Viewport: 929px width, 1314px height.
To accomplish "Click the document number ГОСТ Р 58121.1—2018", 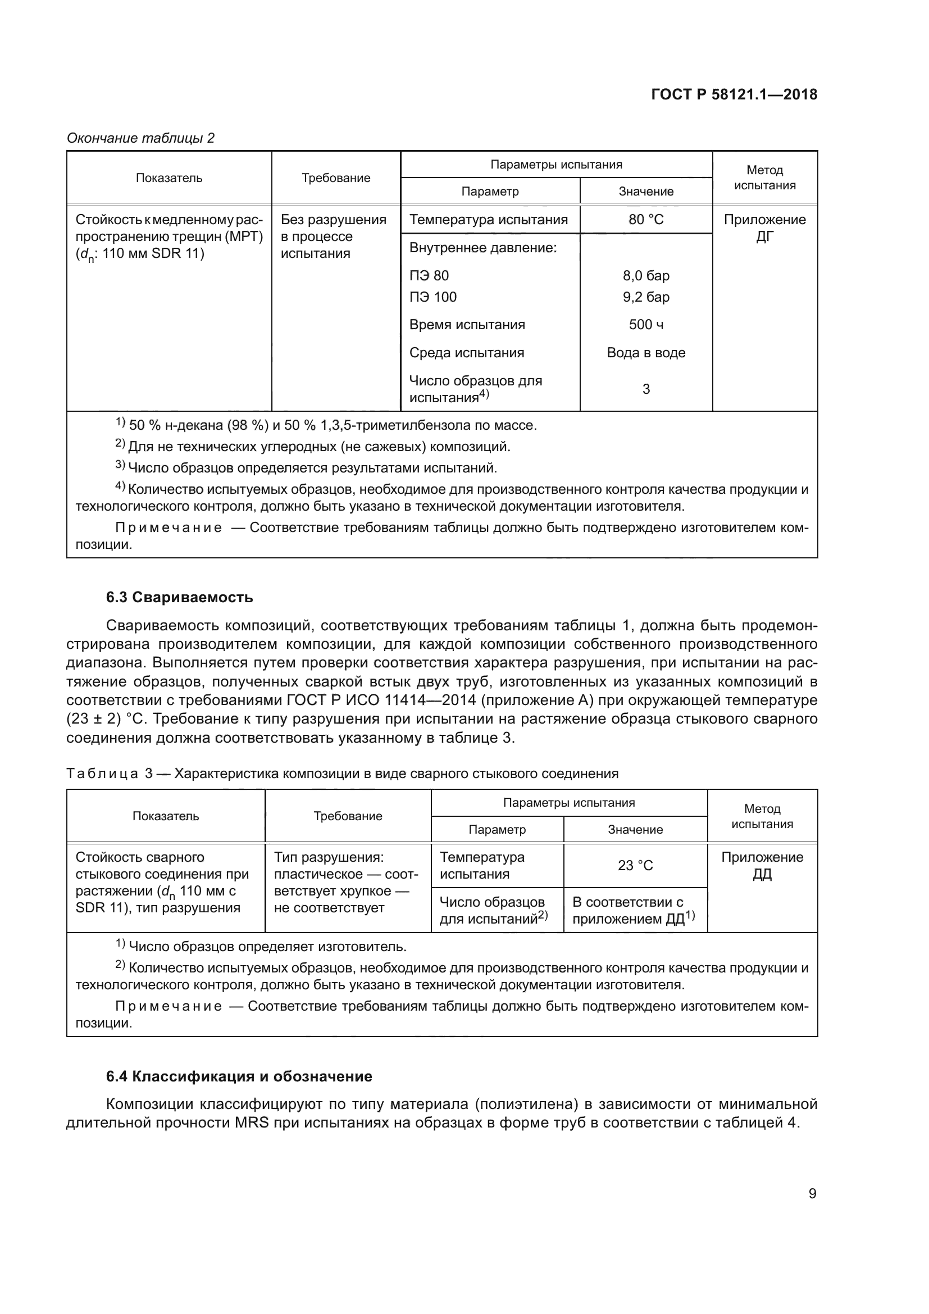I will click(x=734, y=94).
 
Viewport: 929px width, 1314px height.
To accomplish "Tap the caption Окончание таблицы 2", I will click(x=141, y=138).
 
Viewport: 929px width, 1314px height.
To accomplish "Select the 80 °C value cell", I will click(x=646, y=220).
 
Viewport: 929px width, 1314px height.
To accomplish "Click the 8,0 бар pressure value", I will click(x=646, y=276).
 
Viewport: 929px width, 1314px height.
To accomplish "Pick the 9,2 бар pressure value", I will click(x=646, y=297).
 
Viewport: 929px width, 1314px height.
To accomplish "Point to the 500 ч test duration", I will click(x=646, y=325).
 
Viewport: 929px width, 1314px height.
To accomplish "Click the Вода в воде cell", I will click(x=646, y=353).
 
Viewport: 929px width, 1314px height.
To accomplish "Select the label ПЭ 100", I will click(x=433, y=297).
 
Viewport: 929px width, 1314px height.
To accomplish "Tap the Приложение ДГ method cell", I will click(x=764, y=228).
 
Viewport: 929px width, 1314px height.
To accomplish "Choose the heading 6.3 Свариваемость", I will click(x=180, y=598).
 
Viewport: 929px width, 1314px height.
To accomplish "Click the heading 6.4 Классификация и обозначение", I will click(x=239, y=1076).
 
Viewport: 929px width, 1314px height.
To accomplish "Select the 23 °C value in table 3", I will click(x=635, y=865).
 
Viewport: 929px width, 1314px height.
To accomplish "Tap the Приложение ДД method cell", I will click(x=762, y=865).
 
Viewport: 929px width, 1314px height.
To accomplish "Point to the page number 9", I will click(x=812, y=1194).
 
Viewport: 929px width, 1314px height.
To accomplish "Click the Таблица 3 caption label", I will click(x=110, y=774).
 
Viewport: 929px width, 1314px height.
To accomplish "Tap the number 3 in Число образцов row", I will click(x=646, y=390).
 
